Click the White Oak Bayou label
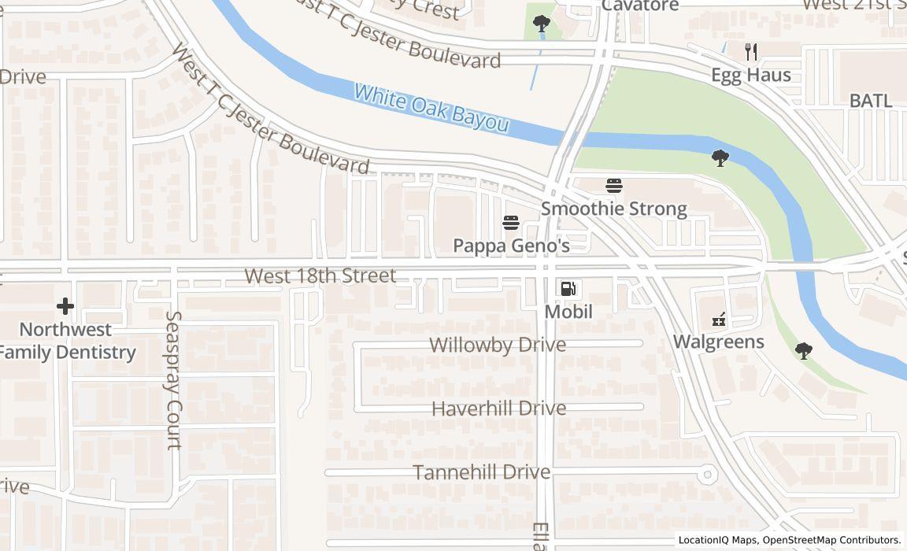coord(431,108)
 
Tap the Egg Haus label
coord(751,76)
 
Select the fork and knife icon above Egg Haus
coord(751,52)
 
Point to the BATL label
coord(871,101)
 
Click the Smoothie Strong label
coord(614,209)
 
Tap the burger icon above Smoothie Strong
coord(614,186)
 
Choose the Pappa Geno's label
coord(511,246)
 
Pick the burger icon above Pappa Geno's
coord(511,223)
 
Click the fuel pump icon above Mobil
coord(568,289)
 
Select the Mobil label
coord(568,312)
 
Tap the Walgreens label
coord(718,342)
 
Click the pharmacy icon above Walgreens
coord(718,319)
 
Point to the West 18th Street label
coord(320,276)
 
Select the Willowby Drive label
coord(498,345)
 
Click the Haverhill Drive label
coord(498,409)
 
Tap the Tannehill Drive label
coord(482,472)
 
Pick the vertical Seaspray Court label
coord(174,380)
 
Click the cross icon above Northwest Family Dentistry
coord(65,305)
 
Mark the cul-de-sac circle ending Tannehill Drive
coord(707,475)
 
